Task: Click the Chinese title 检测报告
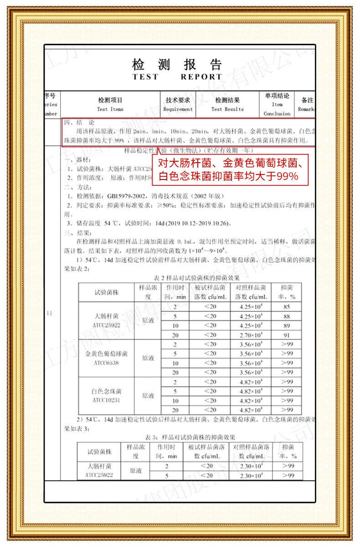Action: pos(177,64)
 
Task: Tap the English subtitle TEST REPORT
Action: pos(177,77)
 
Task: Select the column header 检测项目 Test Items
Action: pos(110,104)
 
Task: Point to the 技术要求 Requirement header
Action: pos(178,104)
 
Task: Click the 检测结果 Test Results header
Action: pos(227,104)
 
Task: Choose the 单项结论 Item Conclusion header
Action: pos(277,104)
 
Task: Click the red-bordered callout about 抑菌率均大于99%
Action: pos(231,169)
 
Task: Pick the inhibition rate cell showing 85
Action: pos(286,307)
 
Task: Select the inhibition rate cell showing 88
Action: pos(286,316)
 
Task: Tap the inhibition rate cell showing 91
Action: pos(286,335)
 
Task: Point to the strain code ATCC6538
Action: pos(106,364)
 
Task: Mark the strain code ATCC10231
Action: pos(106,400)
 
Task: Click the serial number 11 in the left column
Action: pos(50,313)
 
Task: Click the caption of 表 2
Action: pos(190,277)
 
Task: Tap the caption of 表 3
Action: pos(189,437)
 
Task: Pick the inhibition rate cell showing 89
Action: pos(286,325)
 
